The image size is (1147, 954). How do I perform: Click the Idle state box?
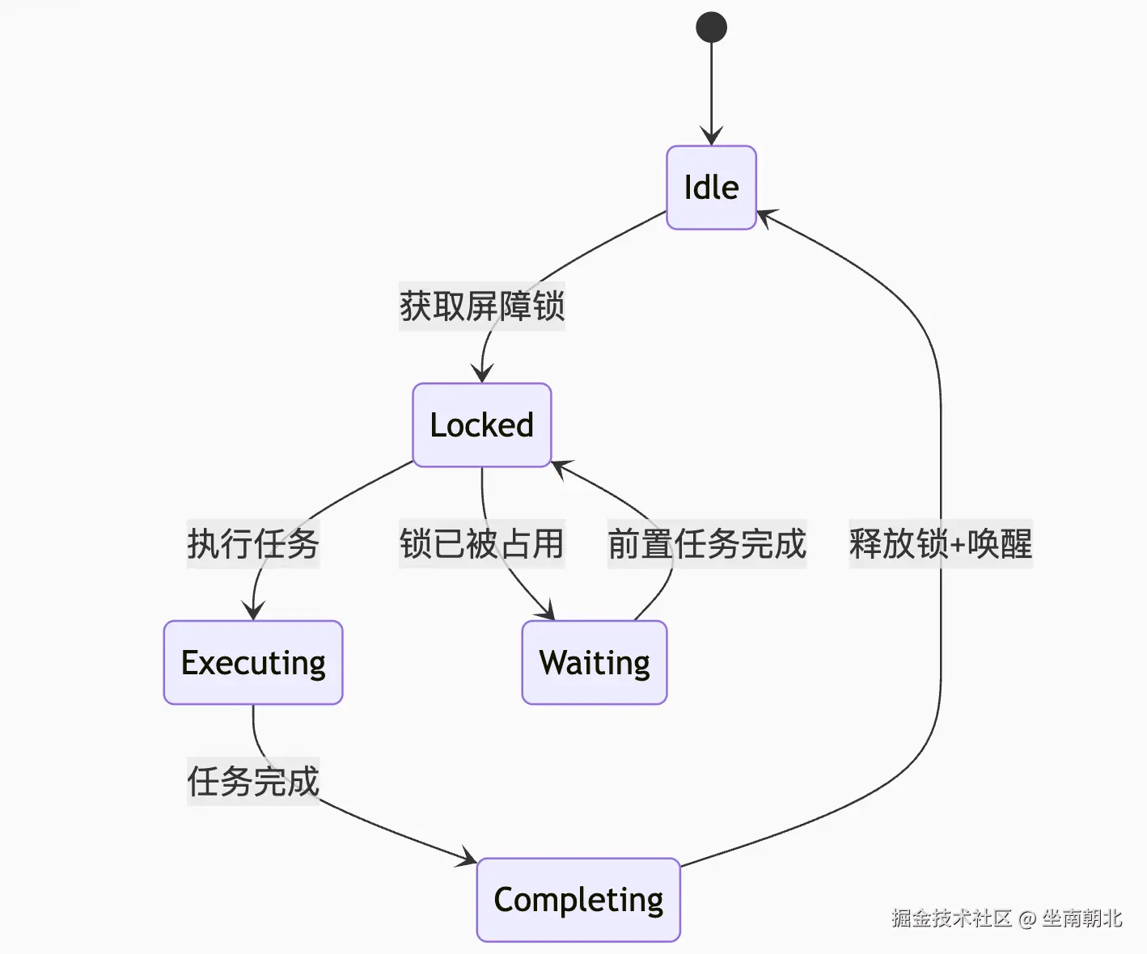point(711,188)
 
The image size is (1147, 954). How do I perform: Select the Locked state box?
point(482,425)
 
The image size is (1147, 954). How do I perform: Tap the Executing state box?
point(253,662)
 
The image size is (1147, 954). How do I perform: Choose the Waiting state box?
point(595,662)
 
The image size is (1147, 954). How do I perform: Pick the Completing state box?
point(578,900)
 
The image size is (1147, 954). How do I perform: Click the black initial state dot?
point(711,27)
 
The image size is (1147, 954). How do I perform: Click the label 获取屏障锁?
point(482,306)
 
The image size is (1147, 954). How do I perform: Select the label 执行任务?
point(253,544)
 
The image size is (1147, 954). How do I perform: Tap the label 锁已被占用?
point(482,544)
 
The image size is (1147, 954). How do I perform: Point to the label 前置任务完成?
point(707,544)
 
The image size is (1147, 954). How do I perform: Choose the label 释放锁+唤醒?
point(941,544)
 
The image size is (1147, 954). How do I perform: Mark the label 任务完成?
point(253,781)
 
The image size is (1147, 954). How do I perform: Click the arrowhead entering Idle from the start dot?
point(711,136)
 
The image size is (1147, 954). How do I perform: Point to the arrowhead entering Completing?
point(467,857)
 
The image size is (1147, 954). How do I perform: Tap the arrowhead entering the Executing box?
point(253,610)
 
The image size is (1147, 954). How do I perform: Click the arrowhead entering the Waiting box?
point(547,610)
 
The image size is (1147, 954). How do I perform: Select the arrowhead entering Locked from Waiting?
point(561,468)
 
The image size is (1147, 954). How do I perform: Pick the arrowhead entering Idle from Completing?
point(767,217)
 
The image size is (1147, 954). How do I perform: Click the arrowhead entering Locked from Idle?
point(482,374)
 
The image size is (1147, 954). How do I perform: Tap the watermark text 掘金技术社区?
point(951,918)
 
